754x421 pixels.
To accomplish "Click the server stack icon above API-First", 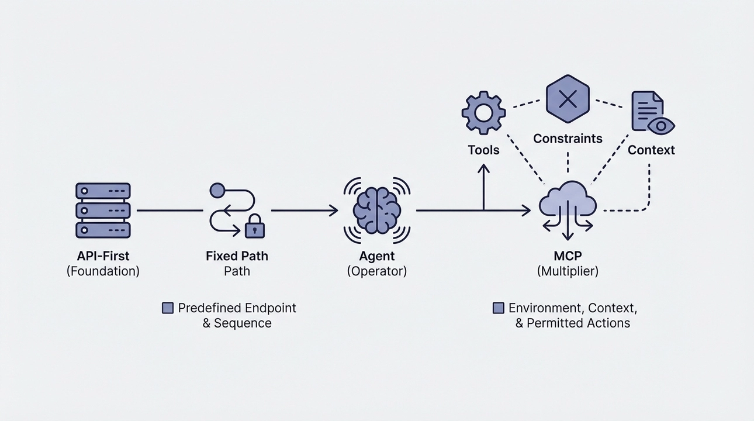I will (103, 210).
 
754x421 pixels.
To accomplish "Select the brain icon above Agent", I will (377, 210).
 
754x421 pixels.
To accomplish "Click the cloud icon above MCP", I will (567, 202).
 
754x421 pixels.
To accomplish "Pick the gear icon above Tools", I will (483, 112).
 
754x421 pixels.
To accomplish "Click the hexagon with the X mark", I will (568, 99).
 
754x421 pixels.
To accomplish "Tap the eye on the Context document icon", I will (661, 125).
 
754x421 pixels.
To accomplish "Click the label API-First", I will (103, 256).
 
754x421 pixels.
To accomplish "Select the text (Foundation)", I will (103, 271).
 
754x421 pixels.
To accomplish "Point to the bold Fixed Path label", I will (237, 256).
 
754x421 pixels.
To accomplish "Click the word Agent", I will (377, 256).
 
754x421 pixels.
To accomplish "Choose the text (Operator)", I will (377, 271).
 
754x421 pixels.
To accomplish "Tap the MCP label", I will (567, 256).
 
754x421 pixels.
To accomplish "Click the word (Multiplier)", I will (567, 271).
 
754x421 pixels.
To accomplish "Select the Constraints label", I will (568, 139).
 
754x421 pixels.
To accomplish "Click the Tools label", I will (483, 150).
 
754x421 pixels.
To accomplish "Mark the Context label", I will (651, 150).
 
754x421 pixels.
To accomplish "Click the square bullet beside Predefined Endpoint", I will (168, 308).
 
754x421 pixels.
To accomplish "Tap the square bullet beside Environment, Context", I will (499, 308).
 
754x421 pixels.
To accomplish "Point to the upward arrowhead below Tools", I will (483, 168).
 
